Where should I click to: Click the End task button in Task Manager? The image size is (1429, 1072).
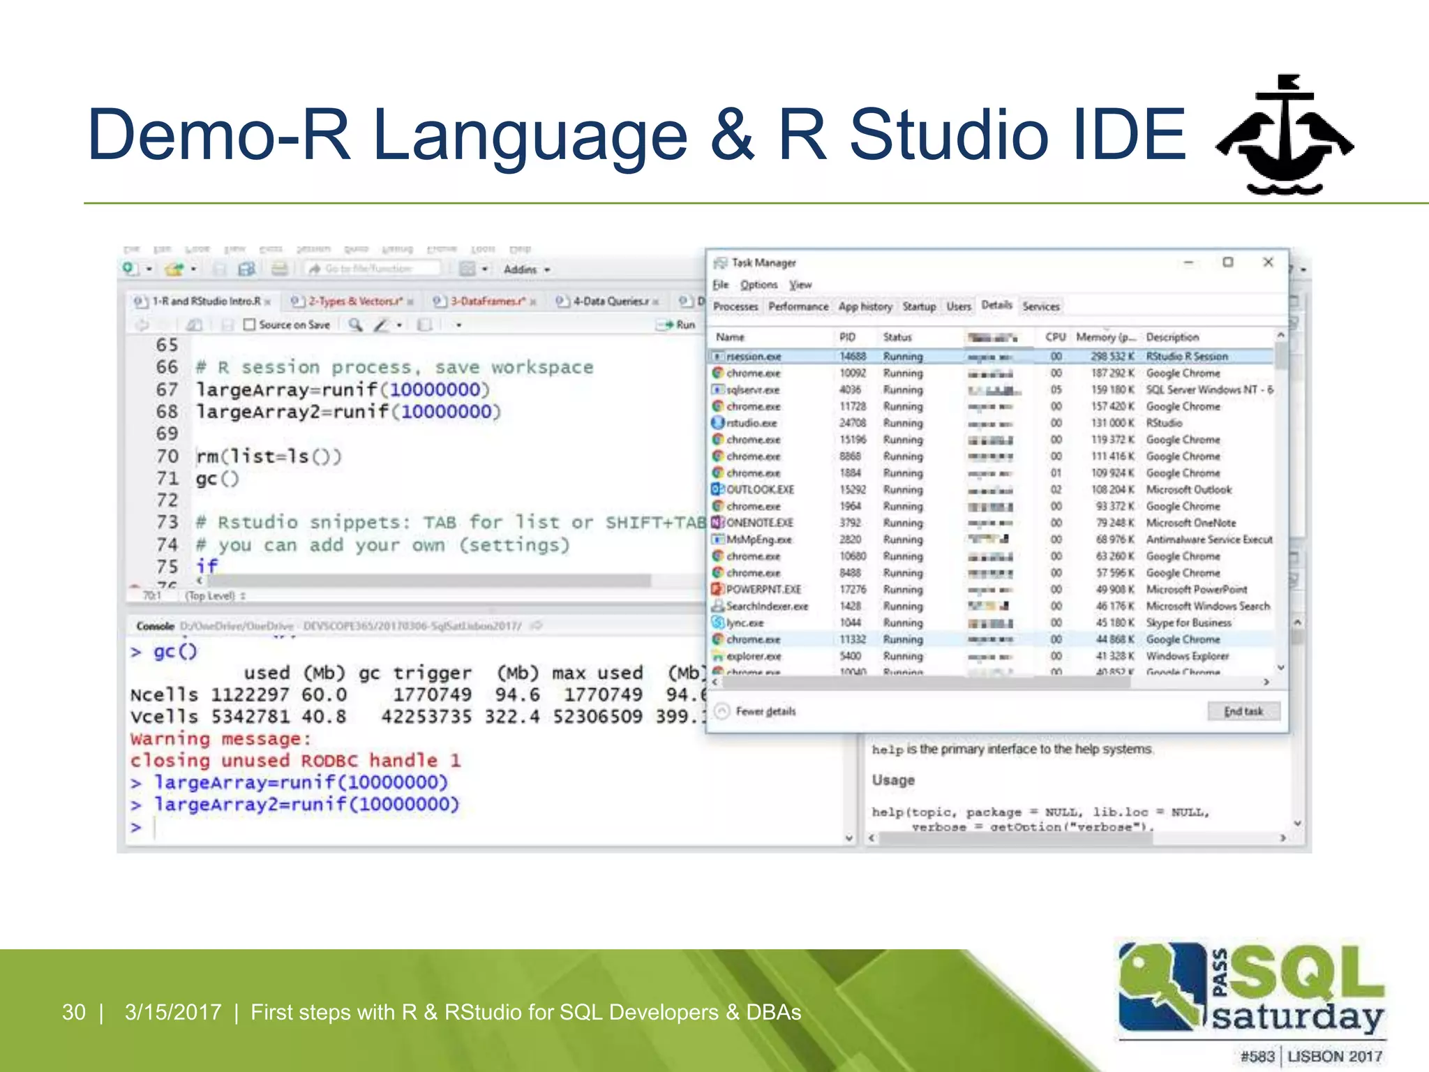(1243, 711)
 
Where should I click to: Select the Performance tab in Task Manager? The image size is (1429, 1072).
(798, 306)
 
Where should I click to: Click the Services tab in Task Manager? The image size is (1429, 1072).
(1040, 306)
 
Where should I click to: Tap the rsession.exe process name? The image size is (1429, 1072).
(754, 357)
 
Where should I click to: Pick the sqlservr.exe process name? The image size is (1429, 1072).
(752, 390)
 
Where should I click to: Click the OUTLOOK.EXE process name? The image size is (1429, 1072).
(760, 490)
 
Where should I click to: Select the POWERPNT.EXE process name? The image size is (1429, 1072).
(763, 590)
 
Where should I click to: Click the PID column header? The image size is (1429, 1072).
(847, 337)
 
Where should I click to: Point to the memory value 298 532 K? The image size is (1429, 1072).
(1112, 357)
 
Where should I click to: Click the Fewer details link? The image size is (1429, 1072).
(765, 711)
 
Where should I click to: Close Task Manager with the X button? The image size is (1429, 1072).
(1268, 262)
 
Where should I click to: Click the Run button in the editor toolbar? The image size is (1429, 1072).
(678, 325)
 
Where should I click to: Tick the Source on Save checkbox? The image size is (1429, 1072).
(250, 325)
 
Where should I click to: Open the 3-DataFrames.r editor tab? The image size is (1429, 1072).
(487, 301)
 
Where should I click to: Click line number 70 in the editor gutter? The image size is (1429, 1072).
(167, 456)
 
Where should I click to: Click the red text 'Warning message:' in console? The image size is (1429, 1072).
(220, 738)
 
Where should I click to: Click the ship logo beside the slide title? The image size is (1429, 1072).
(1284, 136)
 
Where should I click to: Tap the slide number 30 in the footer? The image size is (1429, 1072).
(74, 1012)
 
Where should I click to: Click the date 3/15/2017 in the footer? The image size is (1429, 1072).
(172, 1012)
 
